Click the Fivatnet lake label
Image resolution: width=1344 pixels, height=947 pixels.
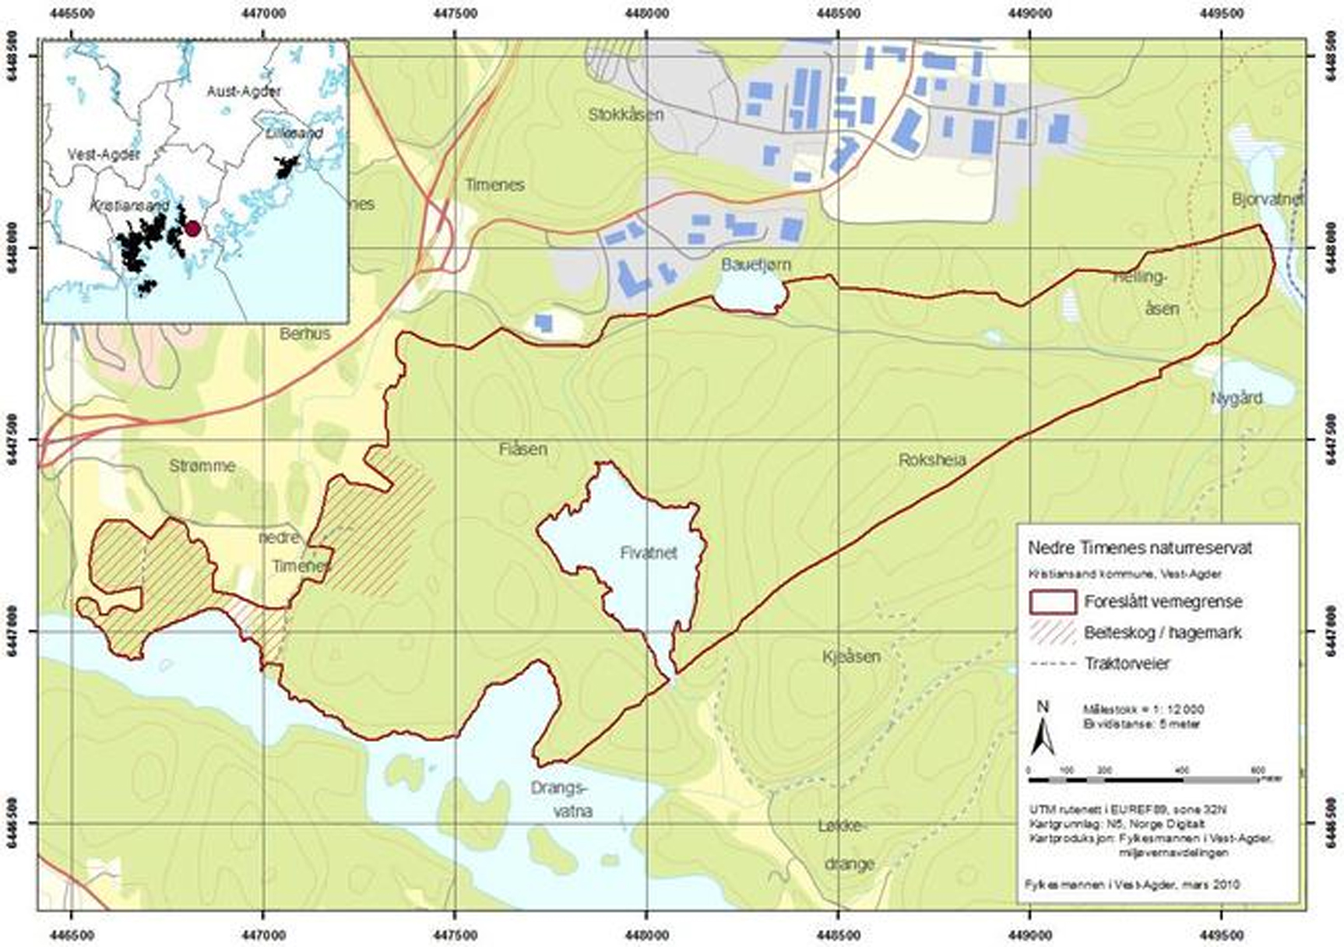(x=649, y=553)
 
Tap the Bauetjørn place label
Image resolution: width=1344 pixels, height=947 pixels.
(x=755, y=265)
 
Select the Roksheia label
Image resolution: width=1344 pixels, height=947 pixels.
(x=932, y=460)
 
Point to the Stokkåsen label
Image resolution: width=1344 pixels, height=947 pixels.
(x=626, y=115)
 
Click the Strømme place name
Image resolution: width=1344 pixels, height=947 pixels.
(x=202, y=466)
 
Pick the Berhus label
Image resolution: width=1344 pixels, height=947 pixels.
(x=305, y=333)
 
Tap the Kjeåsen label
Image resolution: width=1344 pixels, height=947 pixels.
(x=851, y=657)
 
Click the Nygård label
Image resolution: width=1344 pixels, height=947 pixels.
(x=1237, y=398)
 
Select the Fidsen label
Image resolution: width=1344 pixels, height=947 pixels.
(x=522, y=449)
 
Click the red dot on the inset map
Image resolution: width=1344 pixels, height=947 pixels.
(x=192, y=229)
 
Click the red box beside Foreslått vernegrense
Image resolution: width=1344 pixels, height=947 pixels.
(x=1052, y=602)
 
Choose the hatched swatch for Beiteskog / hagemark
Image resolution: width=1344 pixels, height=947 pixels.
(x=1052, y=632)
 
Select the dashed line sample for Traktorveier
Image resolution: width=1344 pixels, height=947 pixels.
(x=1052, y=664)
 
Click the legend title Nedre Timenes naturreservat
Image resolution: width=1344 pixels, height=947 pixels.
(x=1140, y=548)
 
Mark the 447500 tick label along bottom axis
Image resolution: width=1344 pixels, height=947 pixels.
(x=456, y=931)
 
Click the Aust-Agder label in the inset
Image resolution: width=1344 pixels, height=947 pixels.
(x=244, y=91)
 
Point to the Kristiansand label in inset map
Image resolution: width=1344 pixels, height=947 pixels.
(x=130, y=206)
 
